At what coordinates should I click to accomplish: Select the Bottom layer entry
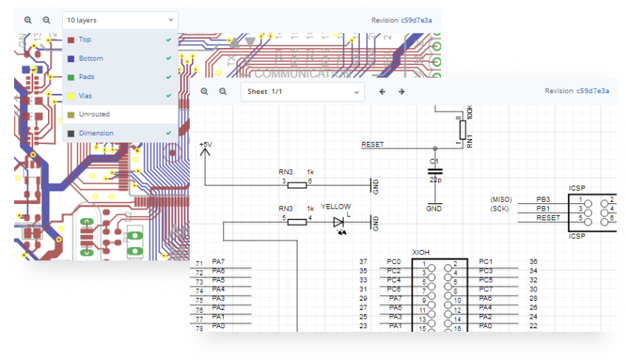[x=91, y=58]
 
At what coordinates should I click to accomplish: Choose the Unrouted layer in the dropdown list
[x=94, y=115]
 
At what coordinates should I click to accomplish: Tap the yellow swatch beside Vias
[x=71, y=95]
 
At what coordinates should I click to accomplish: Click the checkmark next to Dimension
[x=169, y=133]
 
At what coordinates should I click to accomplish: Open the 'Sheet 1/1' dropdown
[x=302, y=91]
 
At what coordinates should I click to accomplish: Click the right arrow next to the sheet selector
[x=401, y=91]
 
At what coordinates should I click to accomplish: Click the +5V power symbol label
[x=205, y=143]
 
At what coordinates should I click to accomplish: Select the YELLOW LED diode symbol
[x=338, y=221]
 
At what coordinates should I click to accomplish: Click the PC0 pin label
[x=394, y=262]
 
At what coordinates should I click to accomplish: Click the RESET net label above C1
[x=372, y=144]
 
